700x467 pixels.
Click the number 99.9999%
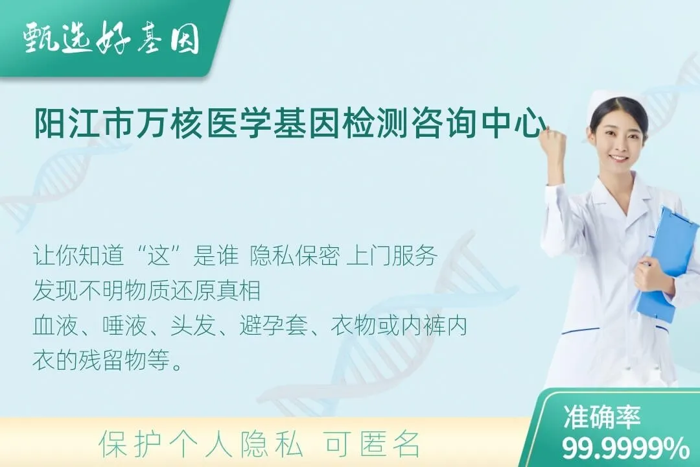click(x=625, y=448)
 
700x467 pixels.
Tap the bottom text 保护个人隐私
click(x=201, y=444)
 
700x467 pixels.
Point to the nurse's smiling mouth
click(x=618, y=158)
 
